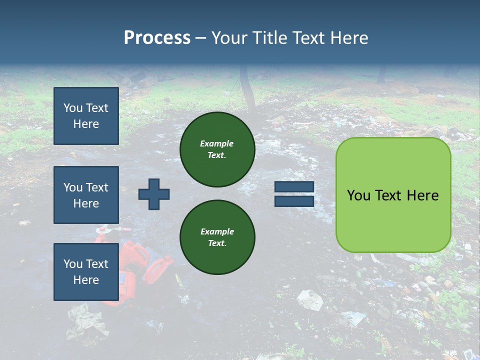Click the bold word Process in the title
tap(157, 37)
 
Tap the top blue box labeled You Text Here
tap(86, 116)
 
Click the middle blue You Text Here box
tap(86, 195)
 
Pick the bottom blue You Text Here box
tap(86, 271)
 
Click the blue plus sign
tap(154, 194)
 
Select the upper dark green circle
tap(217, 149)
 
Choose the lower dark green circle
tap(217, 237)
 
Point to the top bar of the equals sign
tap(294, 187)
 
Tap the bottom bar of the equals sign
tap(294, 201)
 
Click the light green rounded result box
tap(393, 195)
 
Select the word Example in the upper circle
tap(217, 143)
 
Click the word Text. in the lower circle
tap(217, 243)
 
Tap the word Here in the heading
tap(349, 37)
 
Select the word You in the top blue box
tap(72, 108)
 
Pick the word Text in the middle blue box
tap(97, 187)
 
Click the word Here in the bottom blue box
tap(86, 280)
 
